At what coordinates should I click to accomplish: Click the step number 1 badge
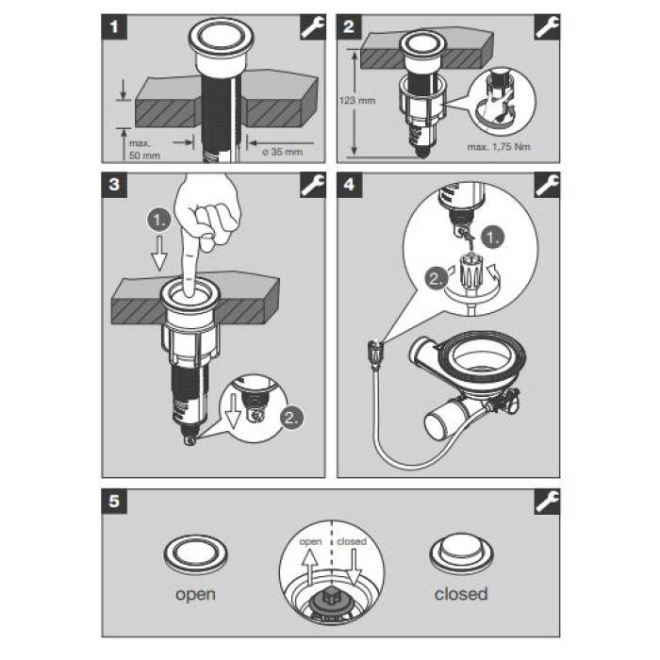(x=114, y=27)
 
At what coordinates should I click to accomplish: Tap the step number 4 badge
(x=350, y=185)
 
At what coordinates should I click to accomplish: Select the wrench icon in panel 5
(x=547, y=502)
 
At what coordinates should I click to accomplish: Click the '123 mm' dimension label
(x=357, y=101)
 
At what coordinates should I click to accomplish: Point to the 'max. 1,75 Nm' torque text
(x=499, y=147)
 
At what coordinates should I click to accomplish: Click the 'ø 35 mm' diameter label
(x=282, y=152)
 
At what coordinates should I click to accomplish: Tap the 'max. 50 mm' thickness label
(x=144, y=149)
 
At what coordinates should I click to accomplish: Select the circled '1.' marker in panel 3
(x=159, y=221)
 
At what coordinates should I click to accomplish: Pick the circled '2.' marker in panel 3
(x=292, y=418)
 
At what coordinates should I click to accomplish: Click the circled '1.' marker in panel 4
(x=493, y=238)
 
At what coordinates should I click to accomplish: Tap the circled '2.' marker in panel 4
(x=436, y=278)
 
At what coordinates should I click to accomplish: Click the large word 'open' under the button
(x=195, y=594)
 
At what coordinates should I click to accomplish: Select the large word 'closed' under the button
(x=461, y=594)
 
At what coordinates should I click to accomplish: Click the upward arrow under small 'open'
(x=310, y=568)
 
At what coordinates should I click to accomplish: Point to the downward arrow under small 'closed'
(x=354, y=568)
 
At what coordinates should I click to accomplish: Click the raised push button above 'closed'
(x=461, y=553)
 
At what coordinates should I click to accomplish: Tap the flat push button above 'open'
(x=195, y=554)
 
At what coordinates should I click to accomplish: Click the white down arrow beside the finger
(x=159, y=253)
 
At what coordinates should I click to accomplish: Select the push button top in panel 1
(x=221, y=37)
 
